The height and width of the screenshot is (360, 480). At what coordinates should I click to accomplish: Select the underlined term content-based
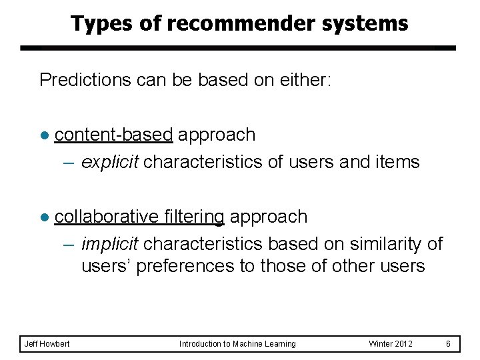[x=113, y=135]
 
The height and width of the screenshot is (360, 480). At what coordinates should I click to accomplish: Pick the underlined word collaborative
[x=105, y=217]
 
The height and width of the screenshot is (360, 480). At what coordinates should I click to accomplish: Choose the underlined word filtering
[x=193, y=217]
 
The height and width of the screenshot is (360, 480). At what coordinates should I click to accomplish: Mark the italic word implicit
[x=110, y=244]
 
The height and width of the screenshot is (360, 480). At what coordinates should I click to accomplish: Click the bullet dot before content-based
[x=45, y=135]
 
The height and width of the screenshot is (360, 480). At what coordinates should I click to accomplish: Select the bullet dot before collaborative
[x=45, y=217]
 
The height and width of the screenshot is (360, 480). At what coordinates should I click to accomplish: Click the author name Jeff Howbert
[x=47, y=344]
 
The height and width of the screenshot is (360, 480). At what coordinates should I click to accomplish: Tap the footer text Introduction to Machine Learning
[x=237, y=344]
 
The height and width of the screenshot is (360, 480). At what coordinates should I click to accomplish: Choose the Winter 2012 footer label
[x=391, y=344]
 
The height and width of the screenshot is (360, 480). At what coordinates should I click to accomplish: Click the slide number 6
[x=449, y=344]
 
